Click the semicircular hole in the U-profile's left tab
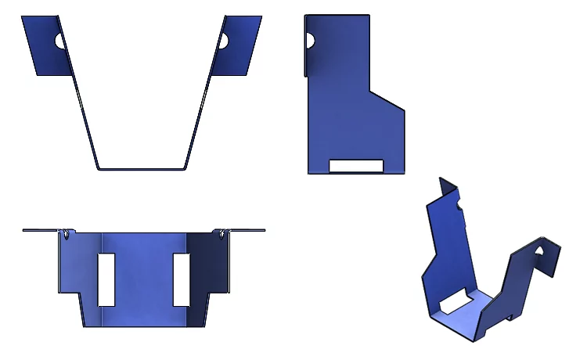59,41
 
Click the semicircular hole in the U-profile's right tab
223,41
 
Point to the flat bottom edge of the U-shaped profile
141,167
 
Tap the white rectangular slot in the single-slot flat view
356,165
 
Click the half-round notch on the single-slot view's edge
310,40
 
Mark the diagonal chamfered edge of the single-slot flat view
387,100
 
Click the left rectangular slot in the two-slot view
106,279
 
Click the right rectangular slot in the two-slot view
181,279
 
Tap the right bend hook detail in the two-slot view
224,233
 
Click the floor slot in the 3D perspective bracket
454,303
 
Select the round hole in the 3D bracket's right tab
539,250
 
